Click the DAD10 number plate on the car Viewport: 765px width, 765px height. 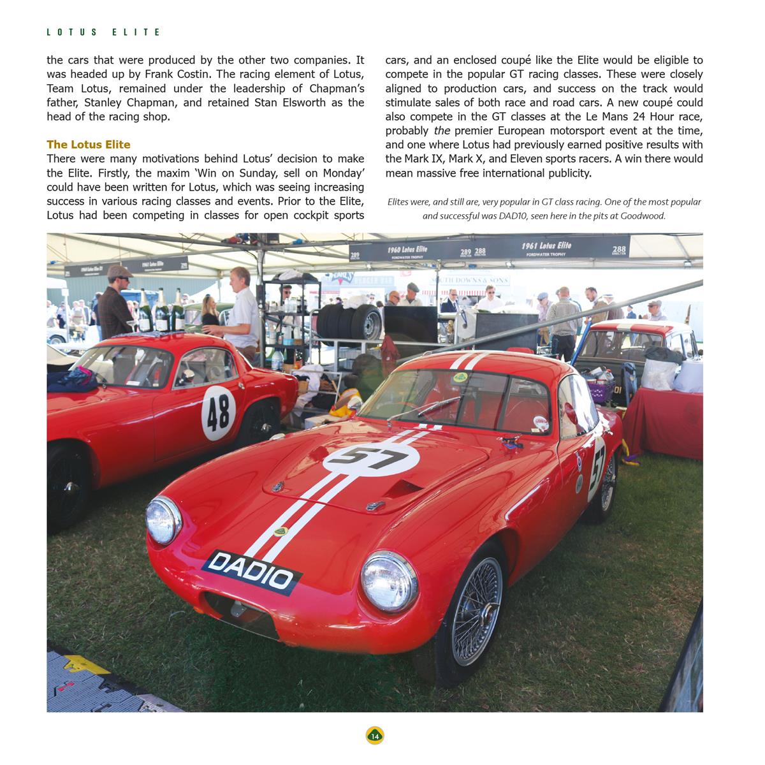click(252, 571)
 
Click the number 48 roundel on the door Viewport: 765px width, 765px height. click(219, 413)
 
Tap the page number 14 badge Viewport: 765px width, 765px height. click(375, 736)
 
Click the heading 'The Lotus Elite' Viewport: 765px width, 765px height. click(89, 145)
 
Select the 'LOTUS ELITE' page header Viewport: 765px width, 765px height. click(104, 32)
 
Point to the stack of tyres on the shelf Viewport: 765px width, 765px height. click(349, 322)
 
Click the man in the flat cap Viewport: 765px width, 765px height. click(116, 306)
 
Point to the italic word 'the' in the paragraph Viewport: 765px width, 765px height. click(442, 131)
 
